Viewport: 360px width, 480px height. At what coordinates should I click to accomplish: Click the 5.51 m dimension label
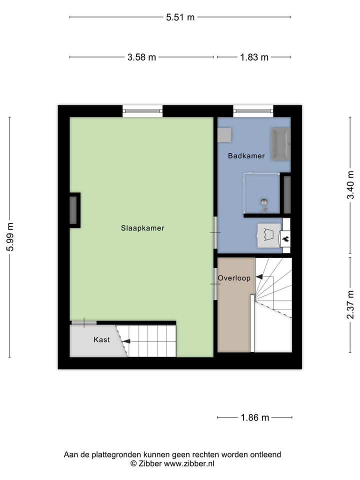pyautogui.click(x=180, y=17)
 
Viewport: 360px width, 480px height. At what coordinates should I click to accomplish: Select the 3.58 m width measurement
pyautogui.click(x=141, y=57)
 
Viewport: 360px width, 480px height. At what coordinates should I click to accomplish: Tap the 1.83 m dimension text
pyautogui.click(x=254, y=57)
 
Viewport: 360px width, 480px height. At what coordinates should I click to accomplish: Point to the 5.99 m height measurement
pyautogui.click(x=10, y=237)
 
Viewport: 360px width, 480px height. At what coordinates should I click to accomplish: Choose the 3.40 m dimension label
pyautogui.click(x=350, y=185)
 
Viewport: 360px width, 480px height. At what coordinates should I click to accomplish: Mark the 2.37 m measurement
pyautogui.click(x=350, y=305)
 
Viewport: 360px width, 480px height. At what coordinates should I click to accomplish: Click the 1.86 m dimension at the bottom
pyautogui.click(x=254, y=417)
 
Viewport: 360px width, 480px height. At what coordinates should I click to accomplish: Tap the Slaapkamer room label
pyautogui.click(x=142, y=228)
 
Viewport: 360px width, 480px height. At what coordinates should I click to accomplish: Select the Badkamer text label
pyautogui.click(x=246, y=156)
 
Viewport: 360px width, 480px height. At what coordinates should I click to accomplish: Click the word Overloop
pyautogui.click(x=234, y=278)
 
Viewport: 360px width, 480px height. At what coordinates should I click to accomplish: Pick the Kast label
pyautogui.click(x=101, y=340)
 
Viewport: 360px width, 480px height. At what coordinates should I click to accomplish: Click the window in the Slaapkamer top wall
pyautogui.click(x=142, y=111)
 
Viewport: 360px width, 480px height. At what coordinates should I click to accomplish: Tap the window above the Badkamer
pyautogui.click(x=253, y=111)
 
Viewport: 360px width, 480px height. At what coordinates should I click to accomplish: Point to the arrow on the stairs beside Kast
pyautogui.click(x=126, y=341)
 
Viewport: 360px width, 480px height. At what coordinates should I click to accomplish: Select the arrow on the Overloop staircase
pyautogui.click(x=259, y=276)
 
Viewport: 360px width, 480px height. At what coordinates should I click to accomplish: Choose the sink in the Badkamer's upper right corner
pyautogui.click(x=280, y=144)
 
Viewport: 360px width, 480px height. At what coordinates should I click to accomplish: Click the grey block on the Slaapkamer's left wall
pyautogui.click(x=73, y=210)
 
